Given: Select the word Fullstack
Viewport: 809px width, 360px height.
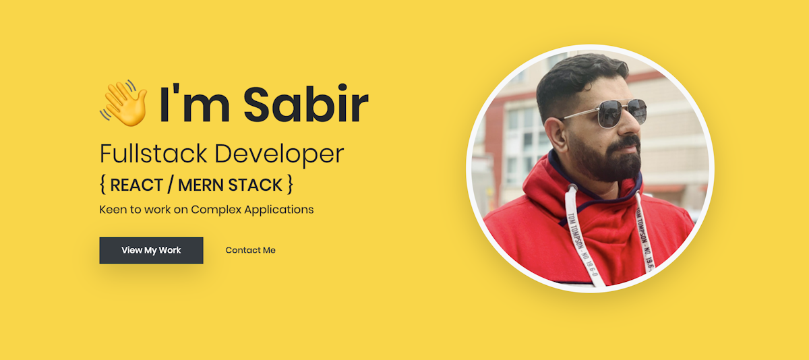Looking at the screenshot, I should click(153, 154).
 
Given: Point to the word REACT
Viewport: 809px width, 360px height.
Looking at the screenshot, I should click(139, 184).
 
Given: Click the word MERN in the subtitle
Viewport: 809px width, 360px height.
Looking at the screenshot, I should click(201, 184).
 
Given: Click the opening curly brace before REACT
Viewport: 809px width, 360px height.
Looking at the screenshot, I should click(103, 184).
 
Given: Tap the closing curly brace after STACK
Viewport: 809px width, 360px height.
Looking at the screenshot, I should click(289, 184).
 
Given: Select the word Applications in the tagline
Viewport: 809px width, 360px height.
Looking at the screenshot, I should click(279, 210).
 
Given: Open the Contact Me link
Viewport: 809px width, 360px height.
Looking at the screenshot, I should click(250, 250).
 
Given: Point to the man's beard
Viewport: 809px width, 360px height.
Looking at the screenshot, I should click(610, 162).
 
